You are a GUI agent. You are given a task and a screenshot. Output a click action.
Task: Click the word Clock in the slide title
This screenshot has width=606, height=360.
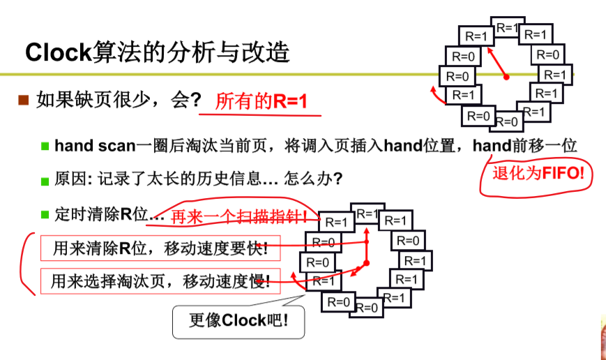(59, 52)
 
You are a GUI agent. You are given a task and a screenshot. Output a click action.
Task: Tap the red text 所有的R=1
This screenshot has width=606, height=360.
(261, 101)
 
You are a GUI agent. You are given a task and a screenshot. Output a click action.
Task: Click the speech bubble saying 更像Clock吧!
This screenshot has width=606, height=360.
(238, 321)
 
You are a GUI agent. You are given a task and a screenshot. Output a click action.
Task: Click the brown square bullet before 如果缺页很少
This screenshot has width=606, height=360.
(23, 100)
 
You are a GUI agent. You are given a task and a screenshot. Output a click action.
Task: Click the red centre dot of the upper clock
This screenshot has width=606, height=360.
(507, 76)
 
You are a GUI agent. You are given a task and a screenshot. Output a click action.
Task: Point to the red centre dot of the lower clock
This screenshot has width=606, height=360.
(365, 262)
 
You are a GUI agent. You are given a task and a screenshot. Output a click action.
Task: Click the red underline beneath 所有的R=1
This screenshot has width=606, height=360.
(261, 114)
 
